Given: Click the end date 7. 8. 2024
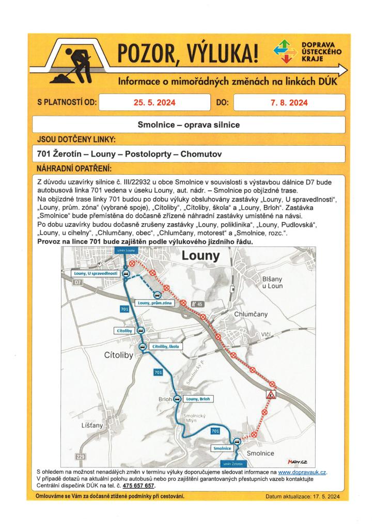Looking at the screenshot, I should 289,103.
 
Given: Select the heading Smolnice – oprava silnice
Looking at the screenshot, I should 189,125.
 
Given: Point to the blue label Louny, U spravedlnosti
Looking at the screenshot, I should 97,273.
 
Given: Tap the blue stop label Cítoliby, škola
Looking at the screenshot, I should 165,346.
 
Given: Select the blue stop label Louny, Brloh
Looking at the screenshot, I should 198,399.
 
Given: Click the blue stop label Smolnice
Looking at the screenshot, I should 222,449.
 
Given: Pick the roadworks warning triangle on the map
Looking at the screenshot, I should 271,395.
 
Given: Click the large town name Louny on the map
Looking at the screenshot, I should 200,256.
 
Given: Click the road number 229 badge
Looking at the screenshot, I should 80,457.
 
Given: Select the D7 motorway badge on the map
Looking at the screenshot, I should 78,284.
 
